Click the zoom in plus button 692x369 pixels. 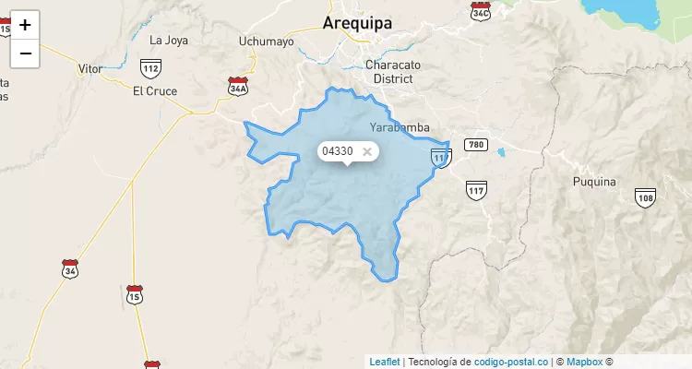[x=25, y=25]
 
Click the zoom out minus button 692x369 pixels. [x=25, y=54]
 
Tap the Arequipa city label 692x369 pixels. [x=357, y=23]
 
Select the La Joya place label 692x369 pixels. [x=168, y=40]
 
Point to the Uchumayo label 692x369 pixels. [x=266, y=41]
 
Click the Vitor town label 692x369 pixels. [x=90, y=69]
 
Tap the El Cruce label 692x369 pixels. [x=155, y=90]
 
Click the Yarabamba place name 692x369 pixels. [x=399, y=127]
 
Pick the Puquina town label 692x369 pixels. [x=593, y=182]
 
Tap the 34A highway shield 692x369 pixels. [x=238, y=86]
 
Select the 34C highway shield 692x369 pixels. [x=480, y=12]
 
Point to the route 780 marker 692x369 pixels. [x=475, y=145]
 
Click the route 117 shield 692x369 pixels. [x=476, y=191]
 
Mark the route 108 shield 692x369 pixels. [x=645, y=196]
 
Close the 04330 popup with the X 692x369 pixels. [x=366, y=151]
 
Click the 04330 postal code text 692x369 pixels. [x=337, y=151]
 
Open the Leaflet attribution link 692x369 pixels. [x=385, y=362]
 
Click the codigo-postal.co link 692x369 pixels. [x=511, y=362]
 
